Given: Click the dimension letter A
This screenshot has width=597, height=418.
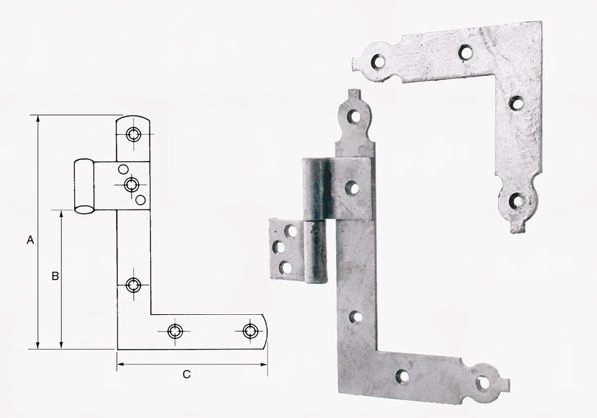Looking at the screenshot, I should (30, 241).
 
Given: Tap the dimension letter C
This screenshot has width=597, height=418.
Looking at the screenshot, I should (186, 374).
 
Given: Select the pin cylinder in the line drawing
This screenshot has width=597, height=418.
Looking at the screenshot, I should (86, 186).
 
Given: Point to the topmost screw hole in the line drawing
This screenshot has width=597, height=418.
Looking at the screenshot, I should (134, 132).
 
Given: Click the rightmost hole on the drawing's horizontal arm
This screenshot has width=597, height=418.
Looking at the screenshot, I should (249, 329).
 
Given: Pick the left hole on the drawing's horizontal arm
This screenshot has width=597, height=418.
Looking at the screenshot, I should (176, 329).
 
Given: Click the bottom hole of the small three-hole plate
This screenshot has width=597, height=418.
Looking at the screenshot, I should (285, 266).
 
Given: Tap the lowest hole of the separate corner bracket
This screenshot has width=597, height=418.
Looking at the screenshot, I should (516, 201).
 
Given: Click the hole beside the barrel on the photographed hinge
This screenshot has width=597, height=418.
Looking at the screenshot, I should (352, 185).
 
